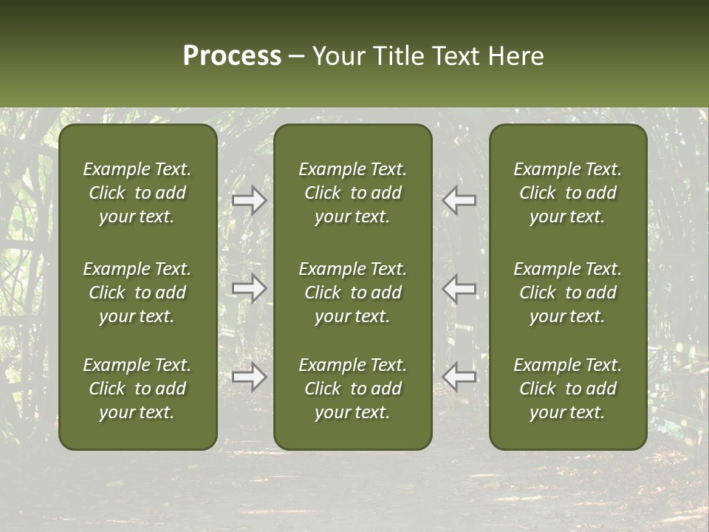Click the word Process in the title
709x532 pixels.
click(x=232, y=56)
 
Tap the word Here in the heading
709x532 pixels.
click(x=516, y=56)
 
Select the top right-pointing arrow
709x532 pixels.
click(x=250, y=200)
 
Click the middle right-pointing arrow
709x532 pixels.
click(x=250, y=288)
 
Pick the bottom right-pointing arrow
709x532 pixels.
click(x=250, y=377)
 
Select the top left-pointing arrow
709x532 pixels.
click(x=459, y=200)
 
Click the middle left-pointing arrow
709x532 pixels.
click(x=459, y=288)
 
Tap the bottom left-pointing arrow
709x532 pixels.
click(x=459, y=377)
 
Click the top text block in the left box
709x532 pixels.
click(x=137, y=193)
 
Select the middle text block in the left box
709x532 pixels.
click(x=137, y=293)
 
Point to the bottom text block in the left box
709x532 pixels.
click(x=137, y=389)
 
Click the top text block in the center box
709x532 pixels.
click(x=353, y=193)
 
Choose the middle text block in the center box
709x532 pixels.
click(x=353, y=293)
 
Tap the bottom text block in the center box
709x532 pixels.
click(x=353, y=389)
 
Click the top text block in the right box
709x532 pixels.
click(x=568, y=193)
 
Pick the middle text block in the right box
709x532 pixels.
click(x=568, y=293)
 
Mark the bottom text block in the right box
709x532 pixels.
click(x=568, y=389)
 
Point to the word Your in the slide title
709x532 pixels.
click(x=338, y=56)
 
